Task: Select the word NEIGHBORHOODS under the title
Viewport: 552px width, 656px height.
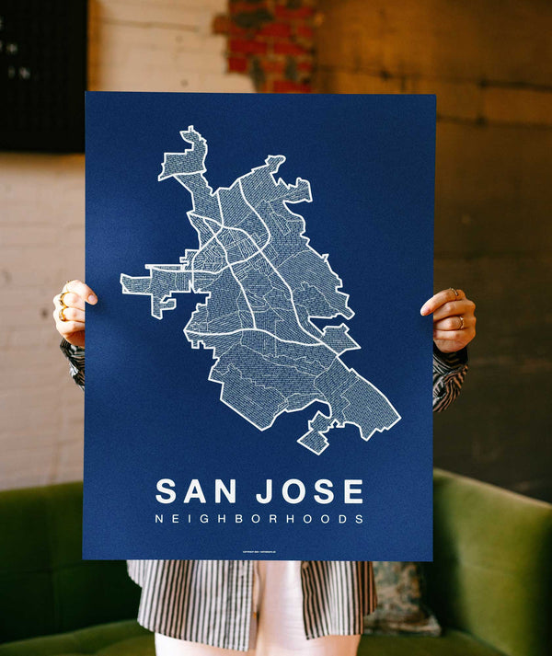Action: coord(259,519)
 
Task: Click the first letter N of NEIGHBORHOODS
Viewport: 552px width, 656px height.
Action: coord(160,519)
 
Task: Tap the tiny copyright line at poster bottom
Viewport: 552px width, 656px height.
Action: coord(259,552)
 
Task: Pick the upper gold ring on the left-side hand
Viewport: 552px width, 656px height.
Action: coord(63,299)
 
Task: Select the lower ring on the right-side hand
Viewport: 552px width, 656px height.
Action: coord(461,322)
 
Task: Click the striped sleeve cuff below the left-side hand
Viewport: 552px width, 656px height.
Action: coord(74,362)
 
